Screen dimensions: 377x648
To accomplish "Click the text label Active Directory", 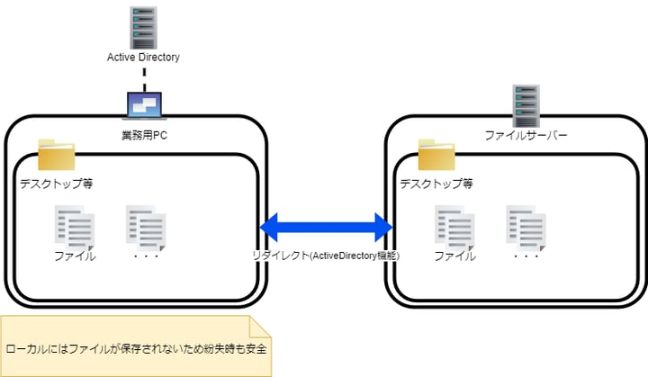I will (x=144, y=58).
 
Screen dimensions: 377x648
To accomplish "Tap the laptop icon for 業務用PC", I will (x=144, y=106).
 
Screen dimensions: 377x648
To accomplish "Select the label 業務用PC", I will (x=144, y=137).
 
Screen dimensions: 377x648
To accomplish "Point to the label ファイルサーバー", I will (x=526, y=137).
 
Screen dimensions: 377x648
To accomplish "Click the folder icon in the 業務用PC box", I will (x=57, y=156).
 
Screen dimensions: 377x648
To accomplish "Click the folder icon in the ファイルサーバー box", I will (x=437, y=156).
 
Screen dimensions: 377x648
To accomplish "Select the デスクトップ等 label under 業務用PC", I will (x=57, y=183).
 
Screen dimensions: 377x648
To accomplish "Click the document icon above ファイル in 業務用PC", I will (x=75, y=224).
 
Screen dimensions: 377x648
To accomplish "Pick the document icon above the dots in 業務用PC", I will (x=146, y=224).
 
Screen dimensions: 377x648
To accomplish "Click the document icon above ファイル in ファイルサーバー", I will (x=454, y=224).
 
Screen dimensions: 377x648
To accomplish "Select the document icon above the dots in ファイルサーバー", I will (x=526, y=224).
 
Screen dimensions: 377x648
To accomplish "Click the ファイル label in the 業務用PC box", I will (x=75, y=256).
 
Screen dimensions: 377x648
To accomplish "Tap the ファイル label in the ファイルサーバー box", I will (x=454, y=256).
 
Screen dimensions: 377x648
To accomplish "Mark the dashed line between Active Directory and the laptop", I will (x=144, y=77).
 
